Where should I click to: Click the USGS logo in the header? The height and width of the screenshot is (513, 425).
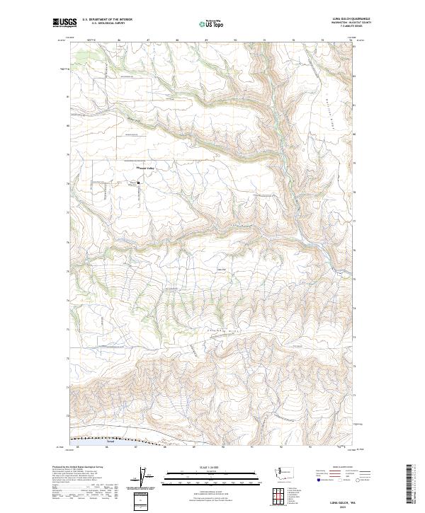click(65, 23)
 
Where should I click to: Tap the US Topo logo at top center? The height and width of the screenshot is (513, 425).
click(212, 24)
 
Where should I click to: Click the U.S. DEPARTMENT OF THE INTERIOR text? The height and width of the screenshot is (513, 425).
click(107, 20)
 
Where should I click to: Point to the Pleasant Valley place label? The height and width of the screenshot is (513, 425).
click(146, 168)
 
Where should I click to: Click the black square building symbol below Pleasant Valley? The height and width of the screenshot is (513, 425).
click(138, 183)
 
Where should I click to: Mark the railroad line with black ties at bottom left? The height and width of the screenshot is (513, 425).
click(106, 439)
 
